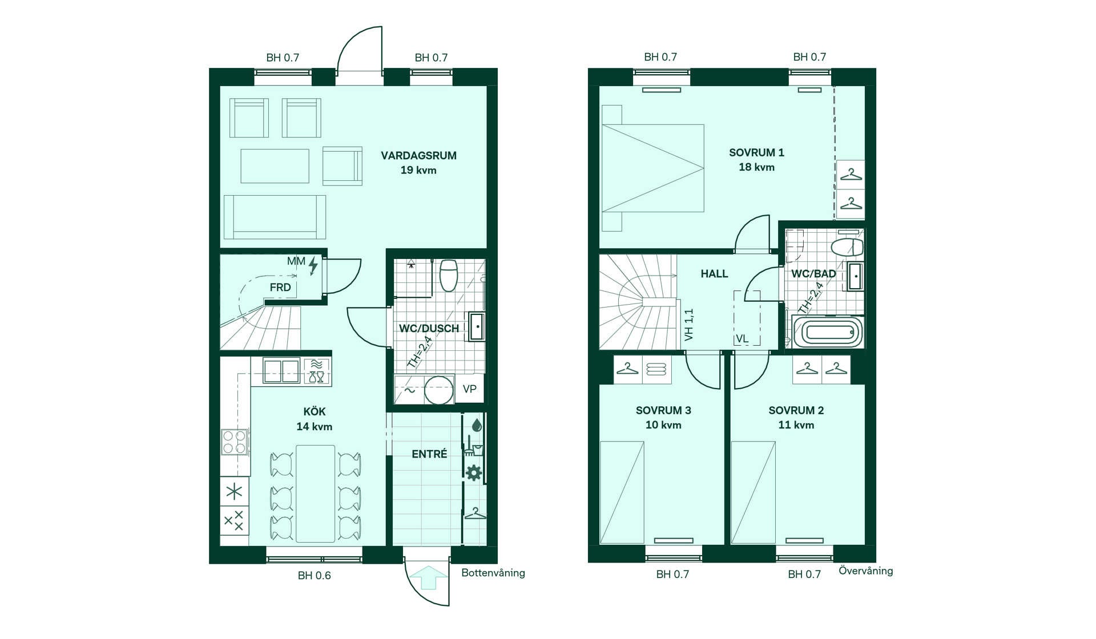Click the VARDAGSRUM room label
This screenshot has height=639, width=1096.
[x=418, y=155]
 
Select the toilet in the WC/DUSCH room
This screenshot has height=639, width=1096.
[x=449, y=276]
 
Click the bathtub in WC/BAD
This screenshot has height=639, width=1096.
[x=828, y=332]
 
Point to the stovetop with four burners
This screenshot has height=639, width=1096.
[x=234, y=442]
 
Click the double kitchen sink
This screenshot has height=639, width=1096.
[x=281, y=371]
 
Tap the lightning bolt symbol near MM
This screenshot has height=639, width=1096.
[x=313, y=265]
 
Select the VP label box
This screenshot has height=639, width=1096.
[x=469, y=389]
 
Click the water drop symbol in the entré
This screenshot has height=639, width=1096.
[x=477, y=425]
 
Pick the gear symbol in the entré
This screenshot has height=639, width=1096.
[x=474, y=472]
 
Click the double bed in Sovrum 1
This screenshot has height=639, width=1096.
[x=652, y=168]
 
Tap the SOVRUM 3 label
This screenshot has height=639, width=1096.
[x=663, y=410]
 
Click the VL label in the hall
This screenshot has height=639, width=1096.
[x=742, y=339]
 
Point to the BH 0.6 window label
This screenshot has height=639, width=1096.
[x=314, y=576]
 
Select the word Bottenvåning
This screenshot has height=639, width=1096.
[x=493, y=573]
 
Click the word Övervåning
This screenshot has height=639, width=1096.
[x=865, y=571]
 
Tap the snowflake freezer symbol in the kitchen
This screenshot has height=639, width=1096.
[x=234, y=491]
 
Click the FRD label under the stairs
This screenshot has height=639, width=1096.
[x=280, y=288]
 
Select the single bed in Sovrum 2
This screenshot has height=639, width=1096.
[x=753, y=492]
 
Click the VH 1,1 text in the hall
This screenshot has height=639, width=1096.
[x=689, y=325]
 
